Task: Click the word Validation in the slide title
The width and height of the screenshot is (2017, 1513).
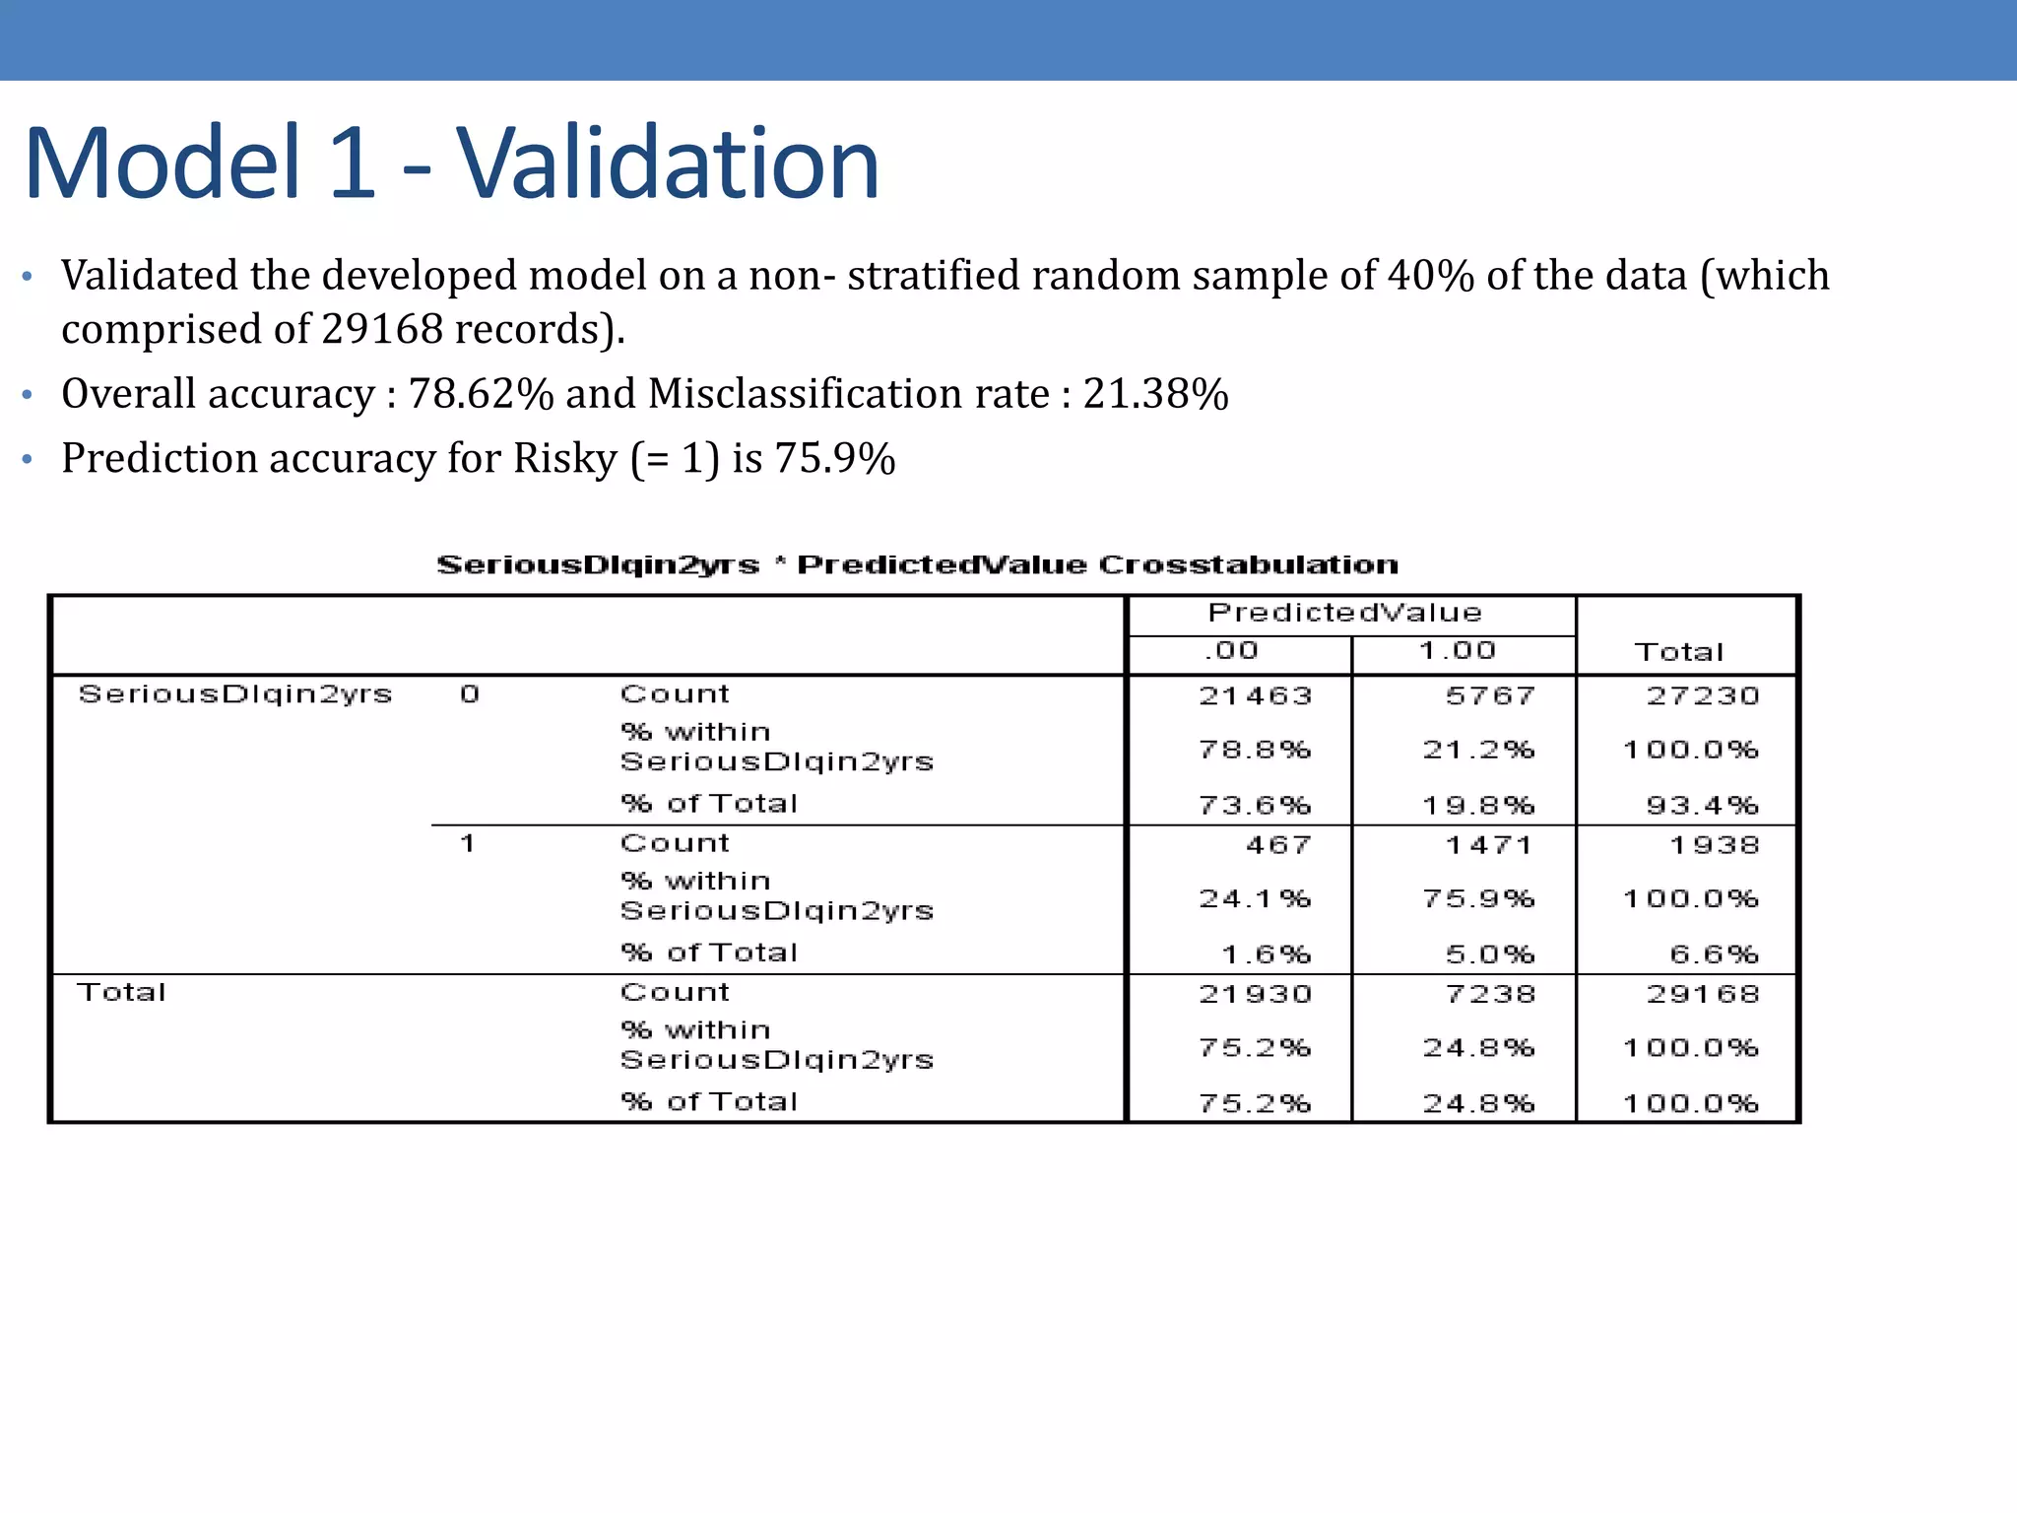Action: click(667, 164)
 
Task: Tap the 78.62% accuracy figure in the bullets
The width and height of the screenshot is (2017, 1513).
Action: click(482, 394)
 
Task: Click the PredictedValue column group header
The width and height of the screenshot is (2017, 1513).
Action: click(1344, 613)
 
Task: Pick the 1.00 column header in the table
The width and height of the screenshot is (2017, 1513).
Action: click(1458, 650)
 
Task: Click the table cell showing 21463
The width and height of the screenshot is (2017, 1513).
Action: click(1256, 696)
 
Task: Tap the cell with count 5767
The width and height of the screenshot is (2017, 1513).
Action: click(1490, 696)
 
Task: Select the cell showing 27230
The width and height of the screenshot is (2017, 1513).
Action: click(1703, 696)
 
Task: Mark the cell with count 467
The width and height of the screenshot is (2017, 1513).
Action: click(1278, 845)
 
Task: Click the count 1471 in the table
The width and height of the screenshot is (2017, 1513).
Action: click(1489, 845)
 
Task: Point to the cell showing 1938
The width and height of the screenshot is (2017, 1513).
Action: click(1714, 845)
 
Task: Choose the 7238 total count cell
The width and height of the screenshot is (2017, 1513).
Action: click(1490, 994)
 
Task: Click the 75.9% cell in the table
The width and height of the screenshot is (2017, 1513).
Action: click(1478, 899)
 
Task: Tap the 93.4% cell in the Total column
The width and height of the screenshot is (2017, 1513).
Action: click(1702, 806)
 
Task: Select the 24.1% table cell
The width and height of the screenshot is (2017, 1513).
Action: click(1255, 899)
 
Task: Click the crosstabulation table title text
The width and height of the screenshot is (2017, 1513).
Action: click(917, 565)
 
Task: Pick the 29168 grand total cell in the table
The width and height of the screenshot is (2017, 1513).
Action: click(1703, 994)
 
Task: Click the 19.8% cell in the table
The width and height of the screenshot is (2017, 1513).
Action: click(1478, 806)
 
